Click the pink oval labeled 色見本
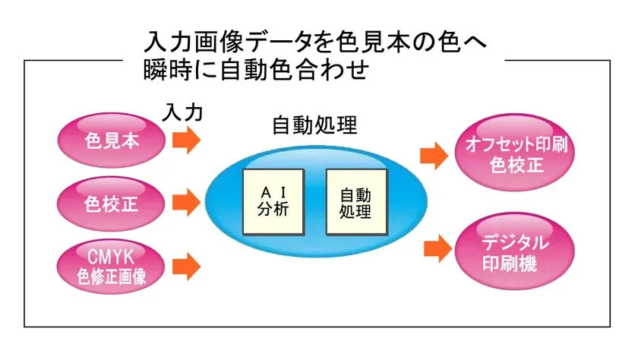tap(112, 140)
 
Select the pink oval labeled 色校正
tap(112, 203)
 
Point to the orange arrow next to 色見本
tap(186, 141)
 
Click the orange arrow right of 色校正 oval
tap(186, 203)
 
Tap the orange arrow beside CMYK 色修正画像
tap(186, 267)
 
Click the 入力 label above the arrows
tap(183, 113)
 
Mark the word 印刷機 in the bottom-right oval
tap(516, 264)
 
